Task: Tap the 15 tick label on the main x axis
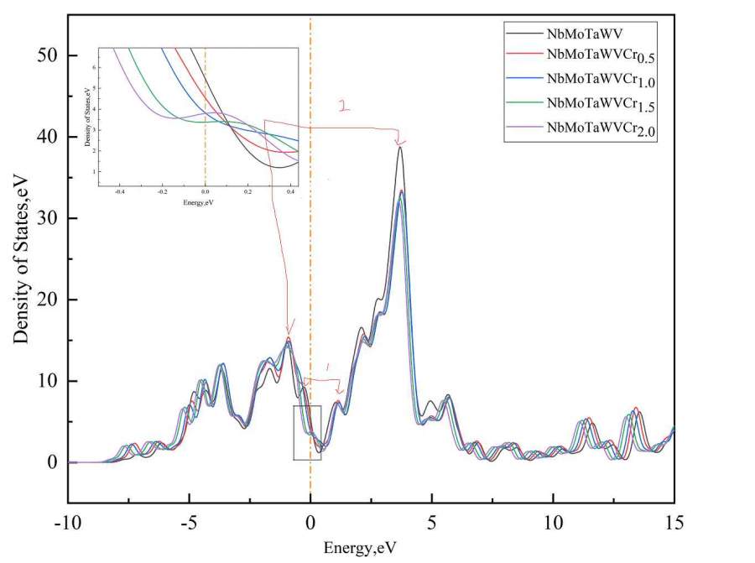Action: point(674,524)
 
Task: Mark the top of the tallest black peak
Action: point(400,148)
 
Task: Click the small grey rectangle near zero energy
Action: point(307,432)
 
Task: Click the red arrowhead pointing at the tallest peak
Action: point(399,142)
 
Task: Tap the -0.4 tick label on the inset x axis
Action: point(120,190)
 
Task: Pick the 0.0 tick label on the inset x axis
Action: point(205,190)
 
